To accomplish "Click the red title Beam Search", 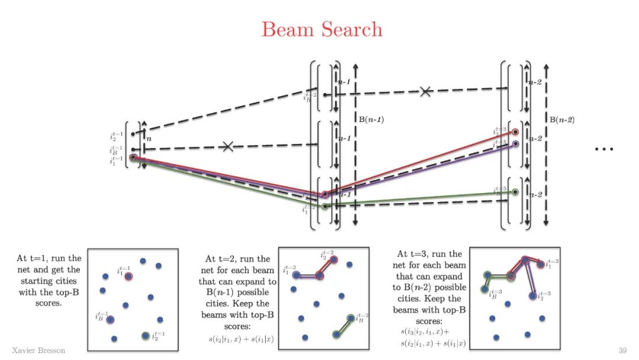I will coord(322,29).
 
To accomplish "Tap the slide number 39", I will coord(622,351).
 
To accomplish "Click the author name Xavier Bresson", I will coord(38,351).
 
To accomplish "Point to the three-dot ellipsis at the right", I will coord(603,149).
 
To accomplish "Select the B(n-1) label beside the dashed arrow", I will coord(371,118).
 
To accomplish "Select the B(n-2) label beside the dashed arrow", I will coord(561,120).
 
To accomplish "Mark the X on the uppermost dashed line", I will coord(425,91).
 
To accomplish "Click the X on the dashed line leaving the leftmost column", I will coord(228,146).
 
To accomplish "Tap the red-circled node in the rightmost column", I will coord(515,133).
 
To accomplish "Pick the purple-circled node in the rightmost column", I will coord(515,144).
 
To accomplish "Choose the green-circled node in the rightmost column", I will coord(515,192).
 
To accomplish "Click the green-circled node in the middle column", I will coord(324,206).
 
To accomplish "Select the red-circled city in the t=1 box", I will coord(129,276).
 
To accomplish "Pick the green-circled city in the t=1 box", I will coord(146,336).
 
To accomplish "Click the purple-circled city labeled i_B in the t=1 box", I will coord(111,319).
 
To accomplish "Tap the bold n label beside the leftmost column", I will coord(149,140).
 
